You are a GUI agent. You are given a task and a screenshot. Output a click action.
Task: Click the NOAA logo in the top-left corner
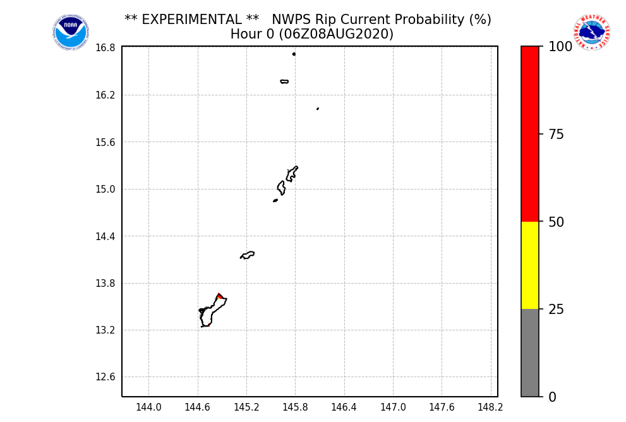tap(71, 32)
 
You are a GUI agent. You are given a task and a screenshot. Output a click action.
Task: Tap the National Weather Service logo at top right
tap(592, 32)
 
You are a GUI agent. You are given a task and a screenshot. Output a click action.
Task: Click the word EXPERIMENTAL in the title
tap(191, 20)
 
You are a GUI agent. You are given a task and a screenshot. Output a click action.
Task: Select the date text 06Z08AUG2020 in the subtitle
tap(344, 34)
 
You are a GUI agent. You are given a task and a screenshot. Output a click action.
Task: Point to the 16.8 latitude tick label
tap(105, 48)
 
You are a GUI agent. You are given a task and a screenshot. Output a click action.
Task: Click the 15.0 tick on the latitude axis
tap(105, 189)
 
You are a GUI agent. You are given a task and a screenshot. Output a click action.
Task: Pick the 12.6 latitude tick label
tap(105, 377)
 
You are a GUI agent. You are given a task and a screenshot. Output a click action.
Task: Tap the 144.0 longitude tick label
tap(148, 407)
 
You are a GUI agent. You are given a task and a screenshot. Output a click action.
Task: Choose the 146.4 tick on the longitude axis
tap(344, 407)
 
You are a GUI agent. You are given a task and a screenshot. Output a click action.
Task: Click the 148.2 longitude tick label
tap(491, 407)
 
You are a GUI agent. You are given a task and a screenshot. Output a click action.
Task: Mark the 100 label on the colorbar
tap(560, 47)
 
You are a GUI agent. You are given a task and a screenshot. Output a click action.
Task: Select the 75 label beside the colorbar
tap(556, 135)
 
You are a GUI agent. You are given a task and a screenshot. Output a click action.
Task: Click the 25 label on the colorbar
tap(556, 310)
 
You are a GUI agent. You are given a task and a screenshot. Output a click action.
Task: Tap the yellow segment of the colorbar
tap(530, 265)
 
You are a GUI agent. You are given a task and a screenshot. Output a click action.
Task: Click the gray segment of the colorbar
tap(530, 353)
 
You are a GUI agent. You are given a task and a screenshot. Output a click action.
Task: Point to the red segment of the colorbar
tap(530, 133)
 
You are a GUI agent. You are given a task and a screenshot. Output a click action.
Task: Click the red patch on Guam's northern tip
tap(219, 296)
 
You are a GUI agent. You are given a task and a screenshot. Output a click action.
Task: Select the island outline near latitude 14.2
tap(248, 255)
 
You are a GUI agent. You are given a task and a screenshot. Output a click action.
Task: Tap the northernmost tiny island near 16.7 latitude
tap(294, 54)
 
